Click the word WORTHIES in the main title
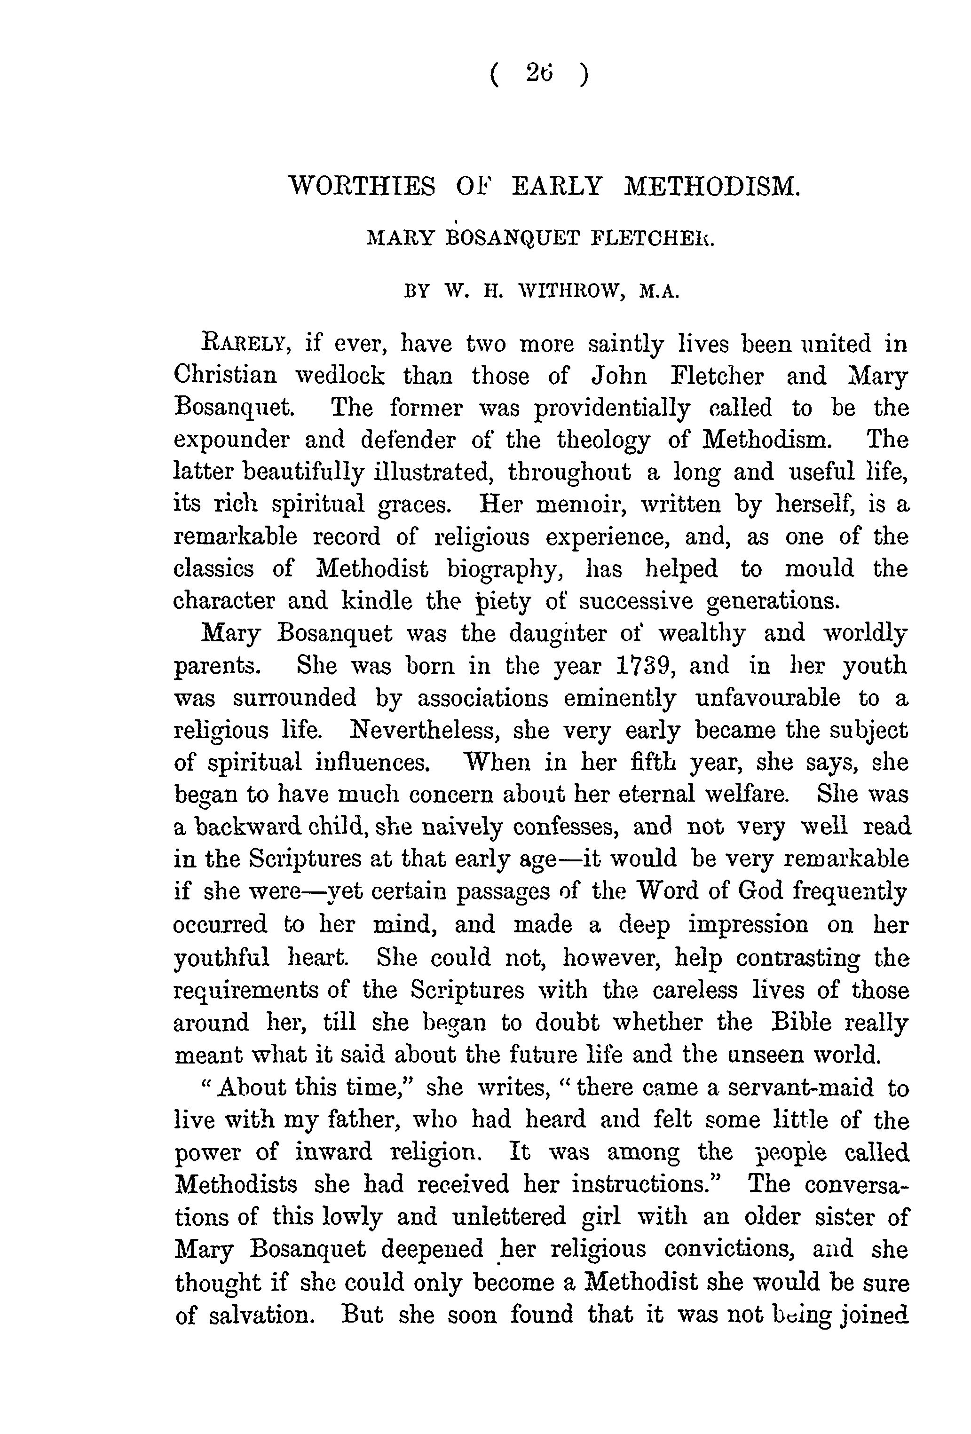[363, 186]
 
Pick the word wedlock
[339, 375]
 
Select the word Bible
[802, 1023]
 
